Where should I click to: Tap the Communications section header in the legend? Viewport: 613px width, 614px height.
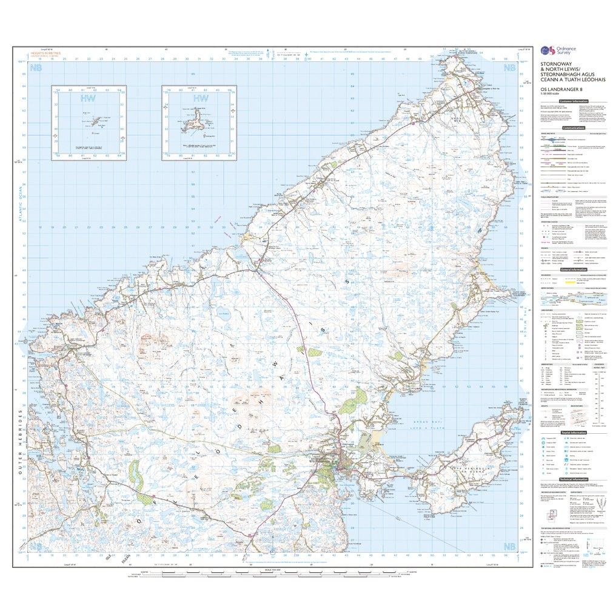tap(572, 129)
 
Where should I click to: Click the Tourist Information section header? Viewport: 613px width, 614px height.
tap(572, 432)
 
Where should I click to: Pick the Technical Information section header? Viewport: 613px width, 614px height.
tap(572, 479)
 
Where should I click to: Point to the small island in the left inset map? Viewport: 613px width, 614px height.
tap(85, 120)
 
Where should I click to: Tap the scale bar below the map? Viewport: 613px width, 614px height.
tap(267, 572)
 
